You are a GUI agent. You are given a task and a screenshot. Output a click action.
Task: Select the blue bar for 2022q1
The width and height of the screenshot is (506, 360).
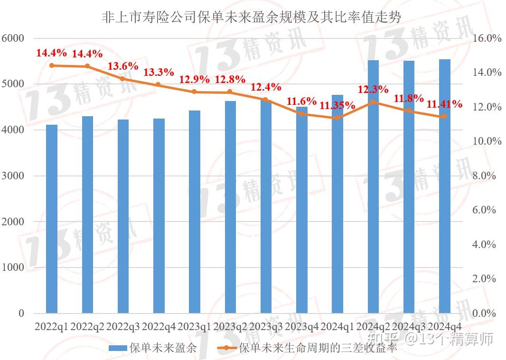(x=52, y=218)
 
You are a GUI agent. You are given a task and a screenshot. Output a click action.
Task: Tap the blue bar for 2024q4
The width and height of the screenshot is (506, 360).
(x=444, y=190)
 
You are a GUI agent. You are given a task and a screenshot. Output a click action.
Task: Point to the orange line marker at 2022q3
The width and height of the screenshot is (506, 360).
(x=122, y=79)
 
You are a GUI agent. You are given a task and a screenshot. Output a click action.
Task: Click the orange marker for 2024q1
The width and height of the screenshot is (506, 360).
(x=337, y=118)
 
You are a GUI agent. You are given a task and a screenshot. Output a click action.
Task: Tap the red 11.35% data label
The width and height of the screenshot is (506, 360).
(x=337, y=105)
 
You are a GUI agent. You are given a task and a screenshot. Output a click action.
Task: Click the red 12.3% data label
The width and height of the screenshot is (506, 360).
(x=373, y=89)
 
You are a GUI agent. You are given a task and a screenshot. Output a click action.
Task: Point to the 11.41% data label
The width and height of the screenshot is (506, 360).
(x=445, y=104)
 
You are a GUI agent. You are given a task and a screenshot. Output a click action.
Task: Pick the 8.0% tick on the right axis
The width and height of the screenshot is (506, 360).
(x=486, y=176)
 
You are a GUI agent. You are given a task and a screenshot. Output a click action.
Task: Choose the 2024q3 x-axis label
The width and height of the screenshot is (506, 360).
(x=409, y=327)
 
